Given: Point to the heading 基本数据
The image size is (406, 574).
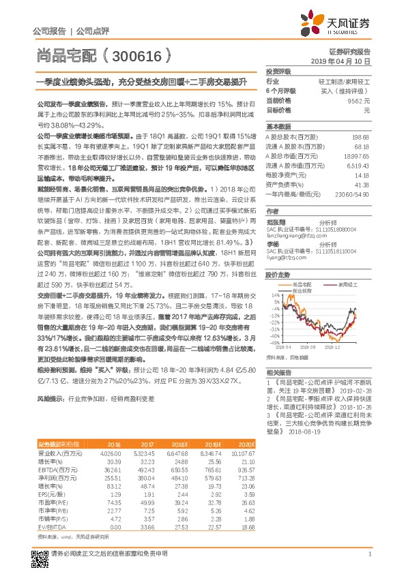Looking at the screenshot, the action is click(278, 127).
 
